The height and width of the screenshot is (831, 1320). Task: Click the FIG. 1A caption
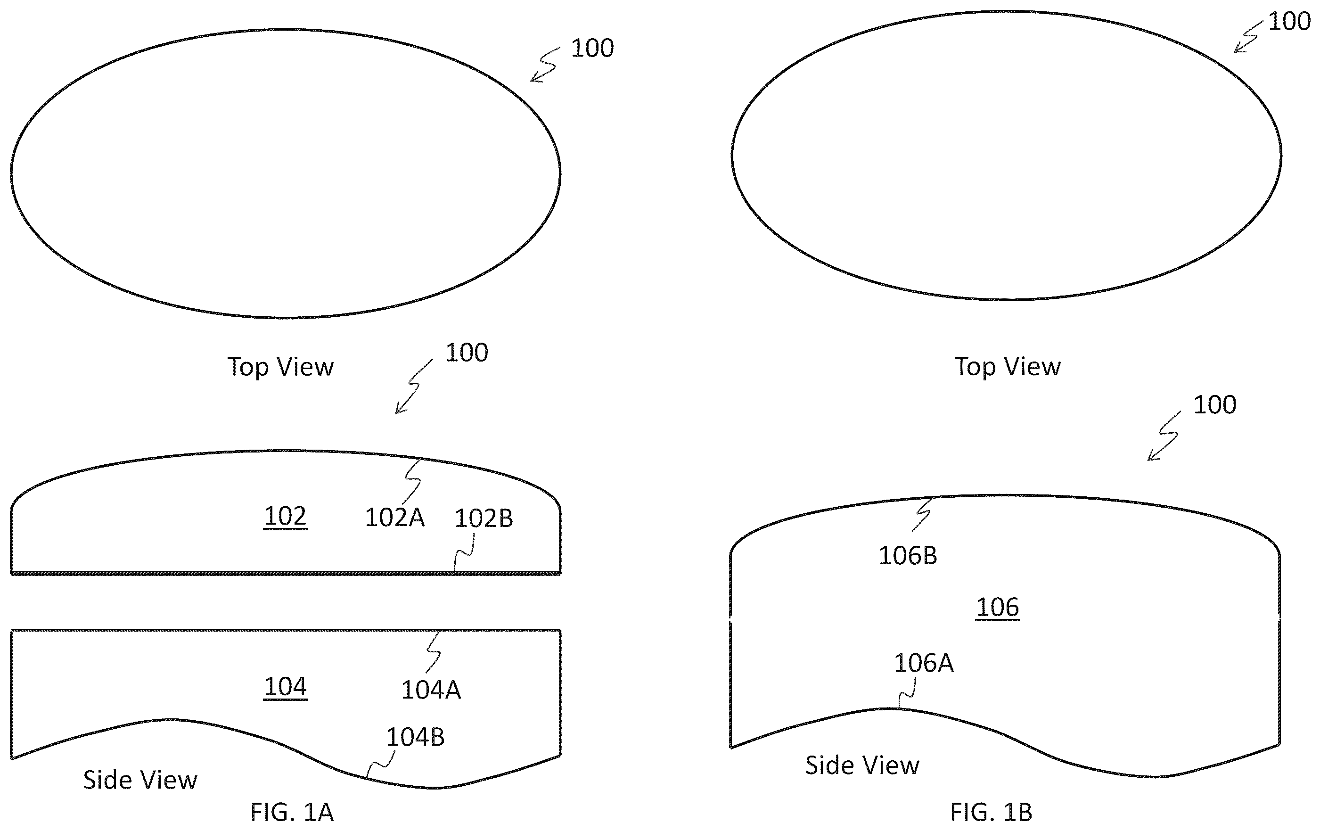click(x=292, y=812)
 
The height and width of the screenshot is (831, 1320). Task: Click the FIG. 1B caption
click(x=991, y=812)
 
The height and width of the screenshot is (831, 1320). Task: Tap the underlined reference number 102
click(x=285, y=516)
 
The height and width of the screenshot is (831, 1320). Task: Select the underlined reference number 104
click(x=285, y=686)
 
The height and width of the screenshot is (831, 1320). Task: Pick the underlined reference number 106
click(x=998, y=608)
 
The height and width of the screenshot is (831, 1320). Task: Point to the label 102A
click(x=395, y=518)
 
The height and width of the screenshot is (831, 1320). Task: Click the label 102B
click(x=484, y=518)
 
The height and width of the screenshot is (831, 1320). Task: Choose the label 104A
click(x=431, y=690)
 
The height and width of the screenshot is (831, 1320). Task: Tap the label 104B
click(x=415, y=737)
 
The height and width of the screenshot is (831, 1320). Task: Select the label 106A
click(x=924, y=663)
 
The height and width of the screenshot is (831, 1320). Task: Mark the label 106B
click(x=908, y=556)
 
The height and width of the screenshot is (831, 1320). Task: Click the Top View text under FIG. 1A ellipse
click(x=281, y=367)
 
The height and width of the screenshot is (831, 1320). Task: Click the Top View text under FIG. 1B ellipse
click(x=1008, y=367)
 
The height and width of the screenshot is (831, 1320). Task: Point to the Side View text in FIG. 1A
click(x=140, y=780)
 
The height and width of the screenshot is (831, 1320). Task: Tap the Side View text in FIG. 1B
click(x=862, y=765)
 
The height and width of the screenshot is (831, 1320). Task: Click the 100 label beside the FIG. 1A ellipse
click(x=592, y=48)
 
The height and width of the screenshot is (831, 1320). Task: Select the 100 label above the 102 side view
click(x=467, y=353)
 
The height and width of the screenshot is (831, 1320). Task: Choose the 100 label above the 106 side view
click(x=1215, y=405)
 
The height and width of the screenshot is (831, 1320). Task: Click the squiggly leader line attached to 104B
click(x=380, y=764)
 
